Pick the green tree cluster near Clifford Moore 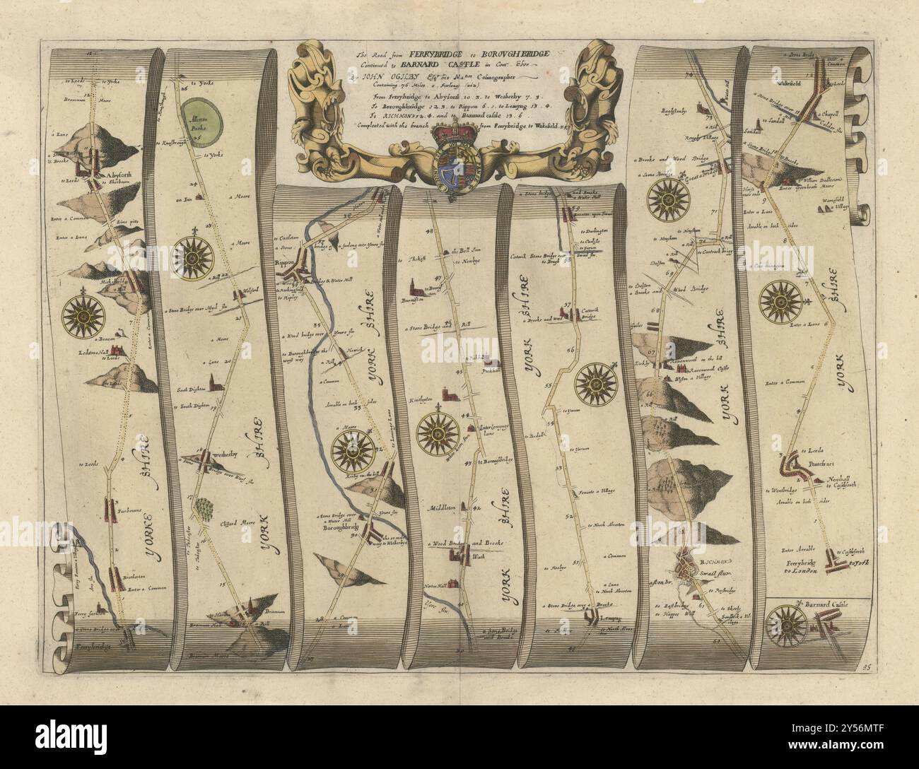pyautogui.click(x=205, y=508)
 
